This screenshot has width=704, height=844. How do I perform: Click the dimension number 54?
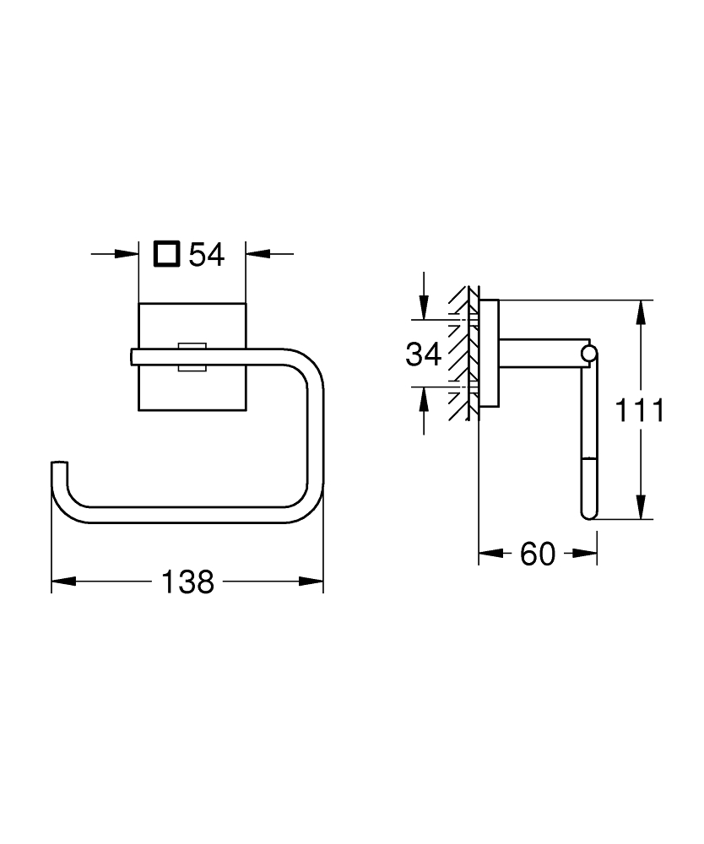tap(207, 254)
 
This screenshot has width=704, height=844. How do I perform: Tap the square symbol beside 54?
tap(166, 253)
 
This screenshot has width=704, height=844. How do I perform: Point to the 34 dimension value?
tap(424, 354)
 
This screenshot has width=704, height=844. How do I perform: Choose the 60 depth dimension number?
tap(538, 555)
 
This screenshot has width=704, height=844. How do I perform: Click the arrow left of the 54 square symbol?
tap(127, 253)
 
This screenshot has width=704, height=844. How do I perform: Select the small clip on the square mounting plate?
tap(192, 356)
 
